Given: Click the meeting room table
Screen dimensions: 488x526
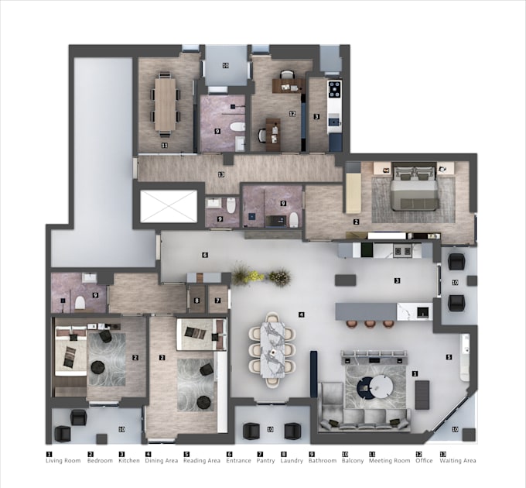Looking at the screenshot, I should click(166, 105).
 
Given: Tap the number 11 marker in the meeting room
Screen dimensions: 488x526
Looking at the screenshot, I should click(164, 145).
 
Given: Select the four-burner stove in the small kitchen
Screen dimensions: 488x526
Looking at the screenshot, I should click(334, 89).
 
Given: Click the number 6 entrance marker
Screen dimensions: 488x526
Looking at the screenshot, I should click(205, 255).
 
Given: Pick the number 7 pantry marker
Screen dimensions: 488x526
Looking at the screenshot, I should click(218, 300).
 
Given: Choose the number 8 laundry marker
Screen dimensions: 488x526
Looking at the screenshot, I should click(196, 300).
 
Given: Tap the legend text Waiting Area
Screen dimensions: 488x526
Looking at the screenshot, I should click(459, 461).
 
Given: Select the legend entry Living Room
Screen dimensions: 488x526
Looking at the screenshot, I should click(63, 461).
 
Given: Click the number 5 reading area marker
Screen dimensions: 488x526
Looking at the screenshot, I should click(449, 357).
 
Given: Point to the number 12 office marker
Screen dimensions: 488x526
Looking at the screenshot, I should click(292, 114).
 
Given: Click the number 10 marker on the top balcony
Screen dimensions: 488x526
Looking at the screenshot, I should click(225, 66).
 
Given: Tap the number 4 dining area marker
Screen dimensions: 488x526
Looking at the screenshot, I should click(302, 314).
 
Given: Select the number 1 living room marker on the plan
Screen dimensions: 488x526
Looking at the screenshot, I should click(415, 373).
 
